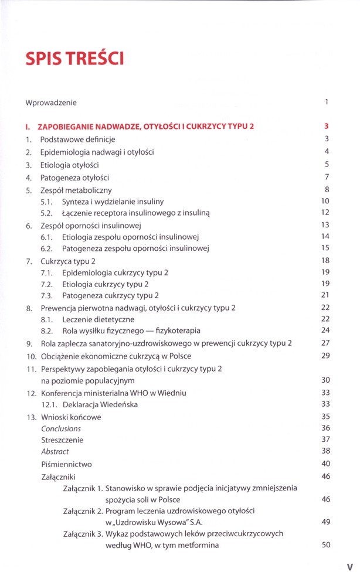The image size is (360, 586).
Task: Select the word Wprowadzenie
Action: [x=51, y=103]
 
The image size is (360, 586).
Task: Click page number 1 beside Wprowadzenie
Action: [x=327, y=102]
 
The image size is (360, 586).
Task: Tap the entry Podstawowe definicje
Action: [x=77, y=139]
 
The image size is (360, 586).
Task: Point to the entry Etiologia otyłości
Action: [x=69, y=165]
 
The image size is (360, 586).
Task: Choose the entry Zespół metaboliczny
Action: [x=76, y=190]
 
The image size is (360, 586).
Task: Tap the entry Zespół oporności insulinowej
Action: [x=91, y=225]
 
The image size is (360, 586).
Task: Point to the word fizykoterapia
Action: [x=174, y=331]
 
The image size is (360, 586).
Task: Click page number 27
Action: [x=326, y=343]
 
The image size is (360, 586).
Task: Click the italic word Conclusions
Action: [x=61, y=428]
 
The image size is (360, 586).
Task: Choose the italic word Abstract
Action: [x=55, y=452]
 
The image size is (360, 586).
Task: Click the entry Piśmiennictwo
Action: [x=66, y=464]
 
